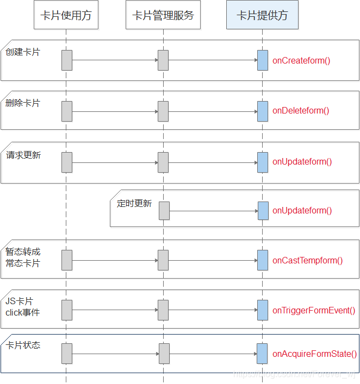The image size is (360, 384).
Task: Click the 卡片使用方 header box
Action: [66, 16]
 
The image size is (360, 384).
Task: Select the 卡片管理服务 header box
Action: [163, 16]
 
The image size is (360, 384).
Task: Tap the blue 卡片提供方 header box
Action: [262, 16]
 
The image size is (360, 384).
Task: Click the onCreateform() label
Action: [301, 60]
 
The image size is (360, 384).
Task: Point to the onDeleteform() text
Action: [301, 111]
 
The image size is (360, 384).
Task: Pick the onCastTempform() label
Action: [308, 260]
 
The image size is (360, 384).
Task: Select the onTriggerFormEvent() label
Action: [314, 310]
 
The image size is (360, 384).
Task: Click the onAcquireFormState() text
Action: [315, 354]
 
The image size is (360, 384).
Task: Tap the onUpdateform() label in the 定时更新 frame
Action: [302, 211]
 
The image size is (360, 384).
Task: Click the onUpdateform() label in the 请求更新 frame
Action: [302, 161]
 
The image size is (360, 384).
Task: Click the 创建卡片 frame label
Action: [23, 52]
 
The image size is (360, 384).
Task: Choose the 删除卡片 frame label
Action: [23, 103]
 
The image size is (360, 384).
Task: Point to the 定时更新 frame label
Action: [134, 204]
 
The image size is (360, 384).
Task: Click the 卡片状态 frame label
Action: [23, 345]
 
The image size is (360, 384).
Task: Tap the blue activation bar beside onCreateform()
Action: [263, 60]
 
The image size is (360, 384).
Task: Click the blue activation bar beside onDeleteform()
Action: [263, 111]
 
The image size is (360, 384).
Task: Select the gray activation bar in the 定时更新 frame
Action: [164, 211]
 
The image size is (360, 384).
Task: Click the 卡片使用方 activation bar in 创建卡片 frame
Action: [67, 60]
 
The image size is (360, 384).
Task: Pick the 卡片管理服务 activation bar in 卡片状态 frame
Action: [164, 354]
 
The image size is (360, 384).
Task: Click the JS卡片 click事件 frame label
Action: [23, 307]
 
